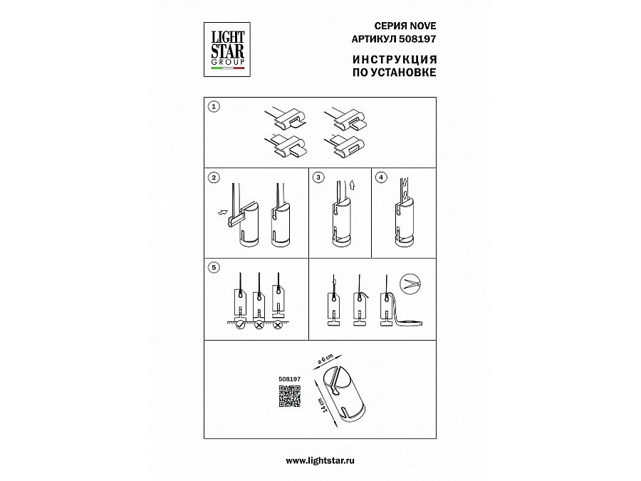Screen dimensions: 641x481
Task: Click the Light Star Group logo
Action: tap(227, 49)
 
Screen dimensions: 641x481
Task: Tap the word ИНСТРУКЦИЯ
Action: tap(395, 60)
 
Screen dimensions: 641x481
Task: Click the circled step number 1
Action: tap(214, 107)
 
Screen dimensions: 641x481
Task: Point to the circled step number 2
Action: tap(214, 177)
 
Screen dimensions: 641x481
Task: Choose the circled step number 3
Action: tap(318, 177)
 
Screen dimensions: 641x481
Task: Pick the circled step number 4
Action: tap(381, 177)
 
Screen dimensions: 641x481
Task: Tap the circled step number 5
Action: tap(214, 267)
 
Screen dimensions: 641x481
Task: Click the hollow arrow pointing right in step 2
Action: tap(223, 212)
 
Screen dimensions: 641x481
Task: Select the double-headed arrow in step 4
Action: tap(405, 189)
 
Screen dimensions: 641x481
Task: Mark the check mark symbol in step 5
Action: tap(241, 325)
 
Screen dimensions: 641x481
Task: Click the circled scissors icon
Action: tap(410, 284)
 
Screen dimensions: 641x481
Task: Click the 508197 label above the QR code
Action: tap(289, 379)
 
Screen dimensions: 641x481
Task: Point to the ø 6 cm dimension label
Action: tap(325, 359)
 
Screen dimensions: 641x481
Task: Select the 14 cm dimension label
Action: tap(323, 404)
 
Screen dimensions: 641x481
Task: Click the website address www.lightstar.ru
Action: tap(320, 460)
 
